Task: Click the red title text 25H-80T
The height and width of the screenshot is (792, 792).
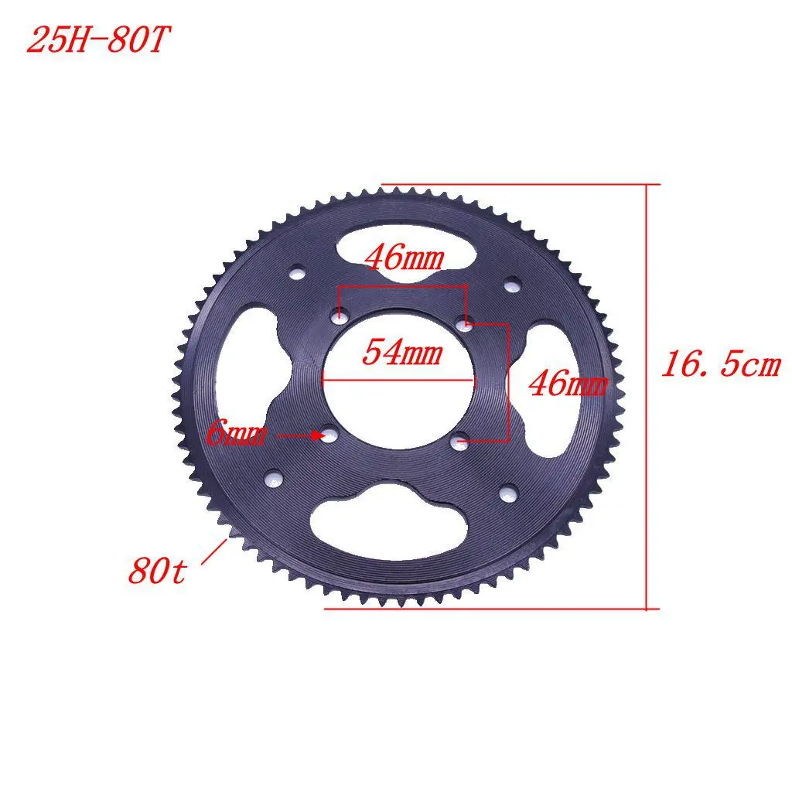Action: click(x=96, y=40)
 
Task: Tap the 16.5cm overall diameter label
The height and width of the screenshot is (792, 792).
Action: click(x=720, y=365)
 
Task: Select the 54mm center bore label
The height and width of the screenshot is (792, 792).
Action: click(x=402, y=353)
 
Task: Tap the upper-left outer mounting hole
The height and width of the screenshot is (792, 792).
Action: click(x=295, y=273)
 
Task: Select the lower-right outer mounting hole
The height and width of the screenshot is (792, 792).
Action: click(x=507, y=492)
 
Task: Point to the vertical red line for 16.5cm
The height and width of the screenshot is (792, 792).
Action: click(x=646, y=394)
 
